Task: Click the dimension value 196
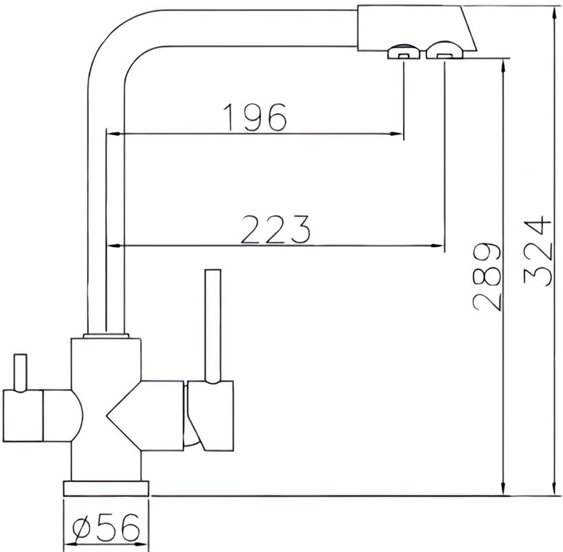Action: pos(255,117)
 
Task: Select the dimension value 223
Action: pos(275,230)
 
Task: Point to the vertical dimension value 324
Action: pos(536,250)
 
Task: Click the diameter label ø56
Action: pos(106,527)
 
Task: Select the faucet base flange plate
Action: pos(106,489)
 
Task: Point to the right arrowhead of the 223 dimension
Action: pos(437,246)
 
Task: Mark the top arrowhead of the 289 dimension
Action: pos(504,66)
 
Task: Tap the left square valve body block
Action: pos(23,415)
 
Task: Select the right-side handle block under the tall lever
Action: pos(210,415)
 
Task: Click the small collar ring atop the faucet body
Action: pos(106,336)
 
